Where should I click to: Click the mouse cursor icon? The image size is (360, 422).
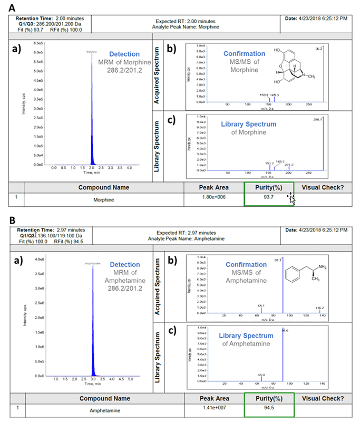[290, 197]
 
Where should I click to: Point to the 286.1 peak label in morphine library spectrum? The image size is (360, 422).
[318, 120]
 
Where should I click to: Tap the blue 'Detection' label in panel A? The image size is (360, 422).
[124, 54]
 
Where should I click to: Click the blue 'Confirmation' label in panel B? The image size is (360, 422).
[247, 264]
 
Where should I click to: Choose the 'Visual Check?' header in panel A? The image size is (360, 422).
[324, 187]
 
